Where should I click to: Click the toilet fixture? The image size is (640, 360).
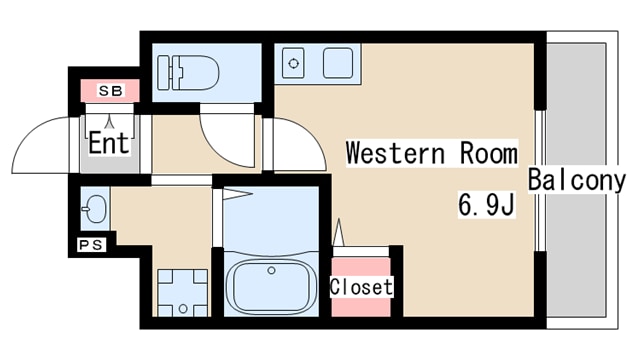click(188, 73)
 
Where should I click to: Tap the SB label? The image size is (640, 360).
click(111, 91)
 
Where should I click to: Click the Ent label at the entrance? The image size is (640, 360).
click(109, 142)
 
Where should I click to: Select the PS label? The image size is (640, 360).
click(91, 245)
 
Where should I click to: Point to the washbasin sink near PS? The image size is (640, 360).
click(96, 209)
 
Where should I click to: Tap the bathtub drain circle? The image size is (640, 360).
click(271, 270)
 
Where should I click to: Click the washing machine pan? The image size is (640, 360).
click(182, 293)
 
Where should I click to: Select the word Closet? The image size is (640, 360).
click(361, 287)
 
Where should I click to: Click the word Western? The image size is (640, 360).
click(395, 153)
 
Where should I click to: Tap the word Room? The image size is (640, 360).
click(489, 153)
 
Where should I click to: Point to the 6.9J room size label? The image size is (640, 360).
click(486, 204)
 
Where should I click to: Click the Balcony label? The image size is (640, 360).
click(577, 180)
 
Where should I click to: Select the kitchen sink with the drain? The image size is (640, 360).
click(293, 63)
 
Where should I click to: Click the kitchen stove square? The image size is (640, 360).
click(338, 63)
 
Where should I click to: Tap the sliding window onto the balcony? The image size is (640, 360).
click(540, 180)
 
